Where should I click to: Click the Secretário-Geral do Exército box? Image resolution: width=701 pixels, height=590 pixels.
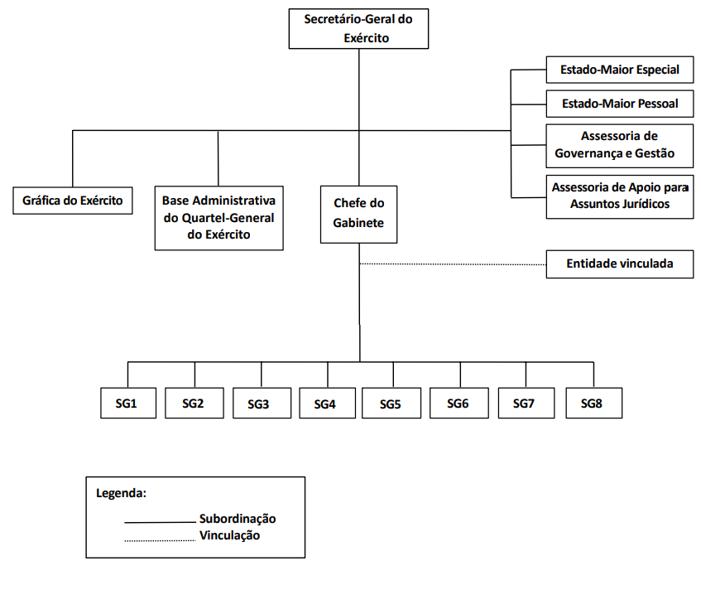point(358,29)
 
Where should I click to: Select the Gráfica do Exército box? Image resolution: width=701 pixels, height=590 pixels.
point(73,201)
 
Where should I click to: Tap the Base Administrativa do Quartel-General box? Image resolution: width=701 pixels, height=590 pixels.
point(219,218)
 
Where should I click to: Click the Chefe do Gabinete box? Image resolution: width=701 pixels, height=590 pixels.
point(358,215)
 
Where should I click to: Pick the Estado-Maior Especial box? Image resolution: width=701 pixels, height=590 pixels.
point(620,70)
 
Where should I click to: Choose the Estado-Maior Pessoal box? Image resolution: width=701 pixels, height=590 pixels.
point(620,104)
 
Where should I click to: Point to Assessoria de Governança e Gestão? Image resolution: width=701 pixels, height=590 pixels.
point(620,146)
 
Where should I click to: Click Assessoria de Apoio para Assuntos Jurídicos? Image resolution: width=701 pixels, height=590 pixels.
point(620,196)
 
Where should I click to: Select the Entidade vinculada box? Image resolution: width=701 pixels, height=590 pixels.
point(620,264)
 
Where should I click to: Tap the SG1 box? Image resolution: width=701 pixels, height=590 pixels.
point(128,403)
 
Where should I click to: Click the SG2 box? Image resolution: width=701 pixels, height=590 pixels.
point(194,403)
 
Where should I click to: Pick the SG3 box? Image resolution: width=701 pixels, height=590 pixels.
point(262,403)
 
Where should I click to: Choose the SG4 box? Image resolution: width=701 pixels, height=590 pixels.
point(327,403)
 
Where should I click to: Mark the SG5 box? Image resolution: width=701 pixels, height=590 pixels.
point(391,403)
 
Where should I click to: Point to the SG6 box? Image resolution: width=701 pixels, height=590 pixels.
point(459,403)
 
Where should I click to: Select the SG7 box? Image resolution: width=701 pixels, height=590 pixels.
point(526,403)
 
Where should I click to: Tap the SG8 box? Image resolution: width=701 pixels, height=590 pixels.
point(593,403)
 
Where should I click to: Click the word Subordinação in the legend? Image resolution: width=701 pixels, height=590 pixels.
point(238,519)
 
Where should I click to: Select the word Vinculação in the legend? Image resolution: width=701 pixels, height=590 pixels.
point(229,535)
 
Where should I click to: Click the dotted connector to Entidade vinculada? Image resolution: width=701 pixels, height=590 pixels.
point(453,264)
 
